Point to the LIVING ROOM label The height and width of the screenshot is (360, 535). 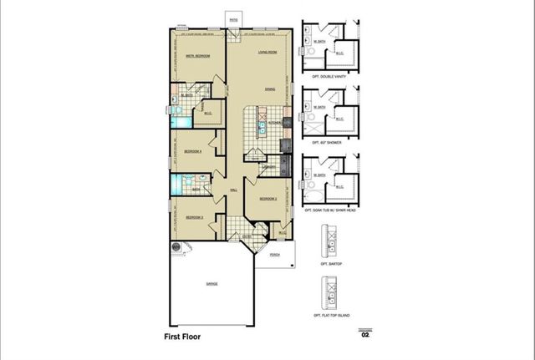(x=267, y=53)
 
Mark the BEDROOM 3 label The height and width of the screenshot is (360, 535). (x=195, y=216)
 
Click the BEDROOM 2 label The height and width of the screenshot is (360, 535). (x=267, y=199)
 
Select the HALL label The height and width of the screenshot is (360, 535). (x=233, y=190)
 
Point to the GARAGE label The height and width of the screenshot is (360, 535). (x=211, y=284)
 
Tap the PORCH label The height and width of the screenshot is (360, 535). (x=275, y=257)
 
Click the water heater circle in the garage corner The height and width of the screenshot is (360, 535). (x=178, y=248)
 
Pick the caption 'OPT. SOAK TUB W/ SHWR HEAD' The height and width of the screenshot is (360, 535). (x=329, y=210)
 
